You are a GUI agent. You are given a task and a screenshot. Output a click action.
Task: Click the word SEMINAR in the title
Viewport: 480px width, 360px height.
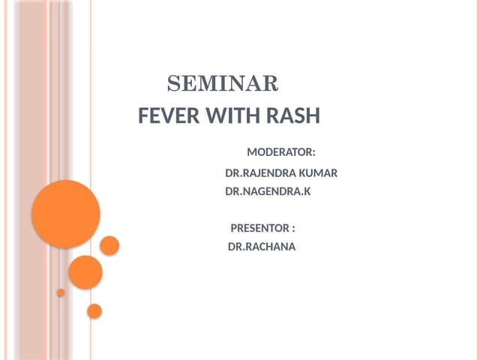click(222, 83)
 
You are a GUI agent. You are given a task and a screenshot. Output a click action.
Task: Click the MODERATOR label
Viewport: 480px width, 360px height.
click(279, 153)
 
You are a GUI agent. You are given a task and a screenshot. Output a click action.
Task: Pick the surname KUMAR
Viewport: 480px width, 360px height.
click(318, 173)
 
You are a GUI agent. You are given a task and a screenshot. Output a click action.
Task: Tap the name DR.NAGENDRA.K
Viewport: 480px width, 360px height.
click(268, 191)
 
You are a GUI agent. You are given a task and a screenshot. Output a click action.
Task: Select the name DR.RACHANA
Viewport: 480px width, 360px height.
click(262, 246)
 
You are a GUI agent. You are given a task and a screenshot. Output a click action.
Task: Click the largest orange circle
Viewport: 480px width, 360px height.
click(66, 214)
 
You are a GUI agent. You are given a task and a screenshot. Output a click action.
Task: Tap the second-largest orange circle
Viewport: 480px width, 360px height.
click(85, 272)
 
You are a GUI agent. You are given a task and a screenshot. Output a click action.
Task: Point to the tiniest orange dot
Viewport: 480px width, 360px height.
click(61, 292)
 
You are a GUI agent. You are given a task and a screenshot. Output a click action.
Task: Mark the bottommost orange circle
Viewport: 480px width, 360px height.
click(94, 310)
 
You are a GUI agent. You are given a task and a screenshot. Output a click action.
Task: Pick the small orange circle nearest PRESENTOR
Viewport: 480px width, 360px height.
click(109, 245)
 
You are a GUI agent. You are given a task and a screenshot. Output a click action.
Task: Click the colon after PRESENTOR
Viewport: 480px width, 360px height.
click(293, 229)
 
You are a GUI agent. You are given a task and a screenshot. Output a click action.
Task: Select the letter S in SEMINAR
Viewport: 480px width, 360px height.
click(172, 83)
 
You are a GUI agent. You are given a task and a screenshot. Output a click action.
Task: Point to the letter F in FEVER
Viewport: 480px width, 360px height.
click(145, 116)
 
